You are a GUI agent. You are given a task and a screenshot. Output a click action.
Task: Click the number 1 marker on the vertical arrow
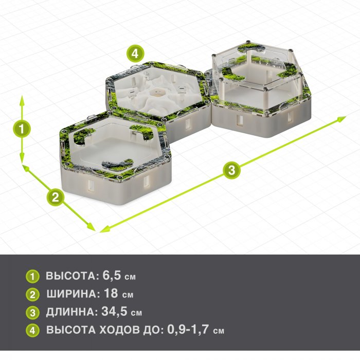[22, 129]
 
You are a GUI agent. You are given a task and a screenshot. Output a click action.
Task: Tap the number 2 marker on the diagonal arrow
[56, 197]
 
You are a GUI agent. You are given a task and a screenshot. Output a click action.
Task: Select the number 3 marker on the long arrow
[231, 170]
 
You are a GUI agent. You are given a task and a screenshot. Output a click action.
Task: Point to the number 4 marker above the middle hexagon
[135, 53]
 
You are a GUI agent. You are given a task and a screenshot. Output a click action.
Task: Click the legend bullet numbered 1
[32, 276]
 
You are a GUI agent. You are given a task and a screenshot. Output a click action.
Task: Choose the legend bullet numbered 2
[32, 294]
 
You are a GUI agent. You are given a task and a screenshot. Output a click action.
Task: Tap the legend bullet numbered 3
[32, 313]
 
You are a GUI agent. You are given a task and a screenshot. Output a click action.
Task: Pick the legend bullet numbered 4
[32, 330]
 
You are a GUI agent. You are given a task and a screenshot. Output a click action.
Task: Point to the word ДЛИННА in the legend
[70, 312]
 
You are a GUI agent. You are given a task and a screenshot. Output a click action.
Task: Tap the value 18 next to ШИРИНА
[111, 293]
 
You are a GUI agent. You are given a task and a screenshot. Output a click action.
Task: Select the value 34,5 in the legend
[114, 311]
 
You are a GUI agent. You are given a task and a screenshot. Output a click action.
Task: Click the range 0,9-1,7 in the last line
[188, 329]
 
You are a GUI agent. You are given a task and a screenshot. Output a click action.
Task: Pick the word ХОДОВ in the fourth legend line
[120, 330]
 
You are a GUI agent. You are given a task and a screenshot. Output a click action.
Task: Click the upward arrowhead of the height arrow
[22, 101]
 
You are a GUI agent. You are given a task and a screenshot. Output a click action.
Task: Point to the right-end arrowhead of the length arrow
[341, 119]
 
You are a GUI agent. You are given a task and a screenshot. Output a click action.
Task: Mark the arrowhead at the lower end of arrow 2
[91, 227]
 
